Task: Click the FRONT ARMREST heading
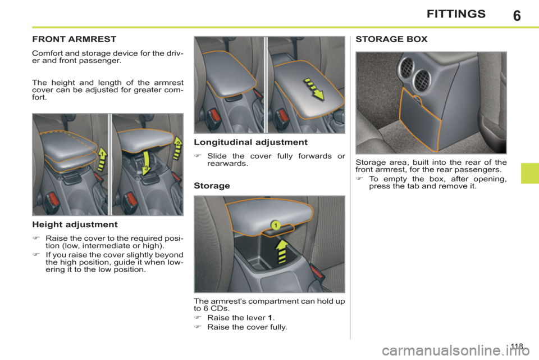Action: pyautogui.click(x=75, y=40)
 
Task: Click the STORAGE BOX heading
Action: pyautogui.click(x=391, y=40)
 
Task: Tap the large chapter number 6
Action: pyautogui.click(x=516, y=15)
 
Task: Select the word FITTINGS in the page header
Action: pyautogui.click(x=456, y=15)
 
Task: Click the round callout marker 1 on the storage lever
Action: pyautogui.click(x=277, y=224)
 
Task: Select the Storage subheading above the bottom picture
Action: pyautogui.click(x=211, y=184)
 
